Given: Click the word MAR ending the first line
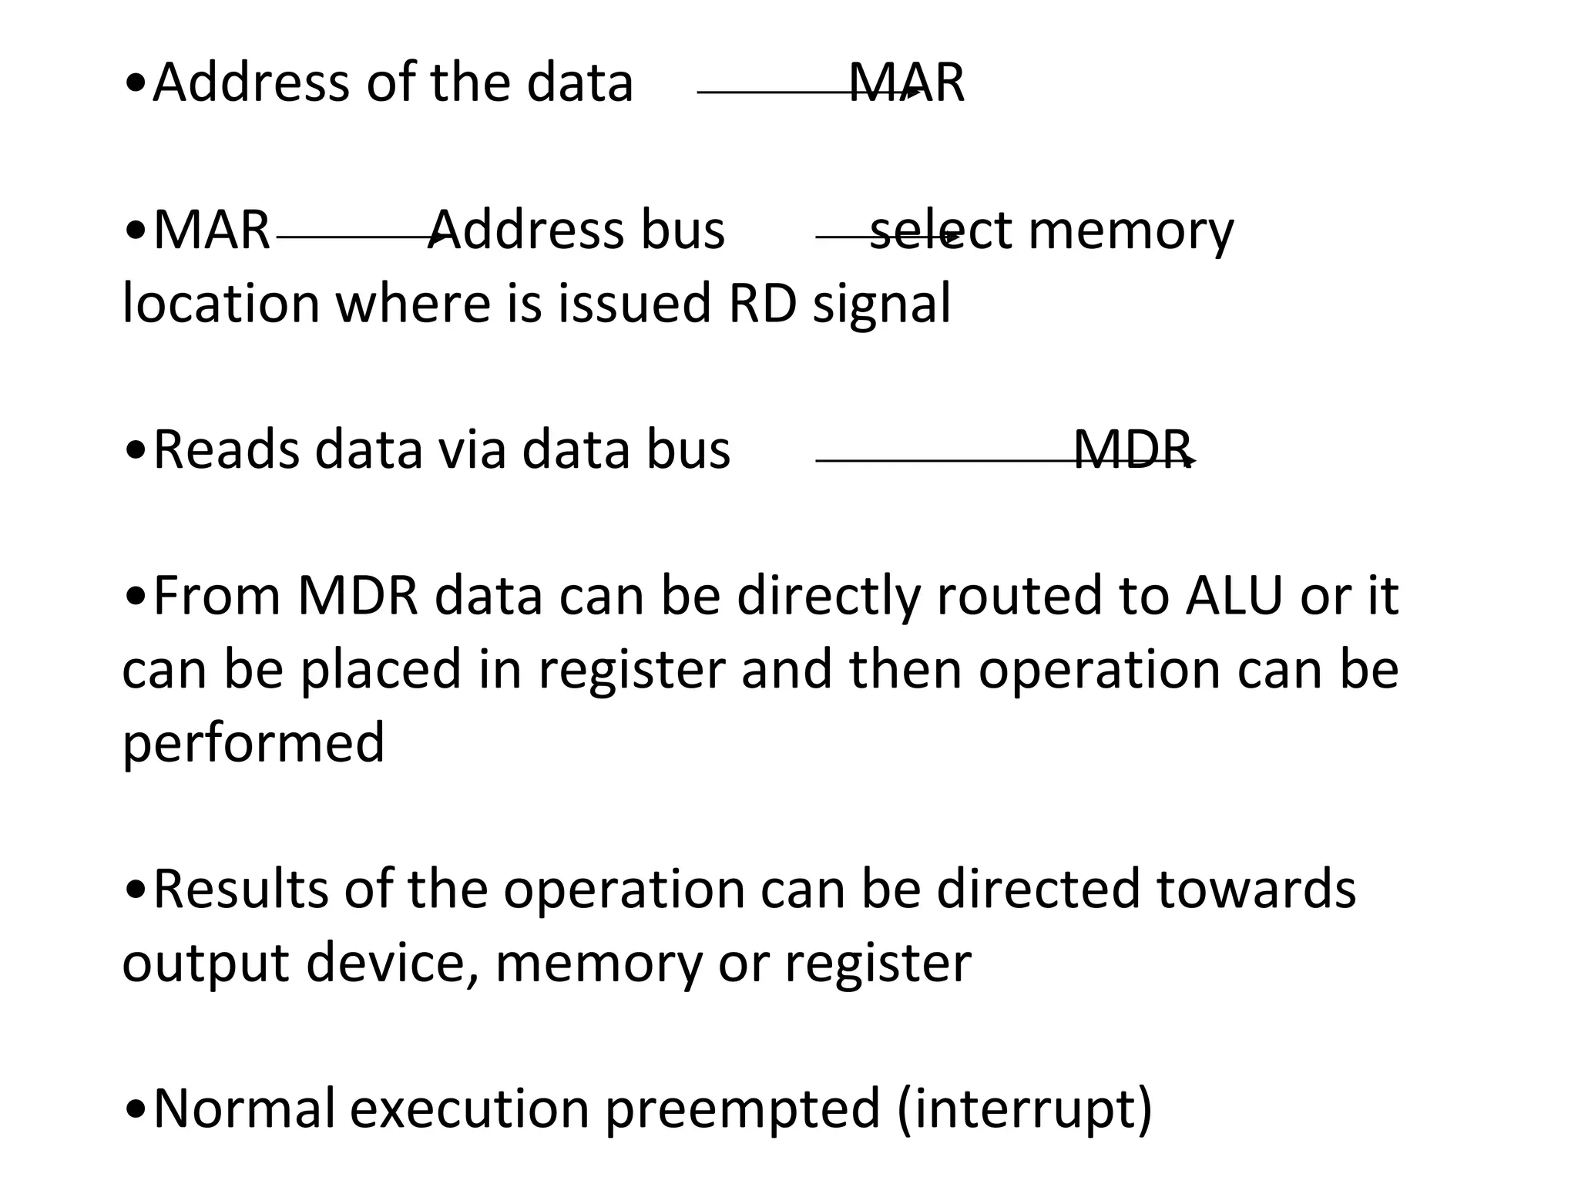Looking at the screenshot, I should (906, 83).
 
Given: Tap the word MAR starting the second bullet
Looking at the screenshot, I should (212, 230).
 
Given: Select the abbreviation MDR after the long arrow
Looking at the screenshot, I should (1132, 450).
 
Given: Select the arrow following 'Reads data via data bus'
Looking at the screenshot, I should (1002, 461).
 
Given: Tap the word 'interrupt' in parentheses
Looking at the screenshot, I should (1024, 1109).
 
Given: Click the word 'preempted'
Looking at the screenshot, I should (742, 1111).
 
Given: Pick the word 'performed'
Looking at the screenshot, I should (253, 743).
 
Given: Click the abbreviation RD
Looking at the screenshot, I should (762, 303).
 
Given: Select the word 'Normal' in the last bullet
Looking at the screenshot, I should (244, 1109).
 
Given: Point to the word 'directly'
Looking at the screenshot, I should (828, 598).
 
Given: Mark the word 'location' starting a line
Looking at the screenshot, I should (220, 303).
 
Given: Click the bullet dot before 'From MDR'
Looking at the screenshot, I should (136, 598).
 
